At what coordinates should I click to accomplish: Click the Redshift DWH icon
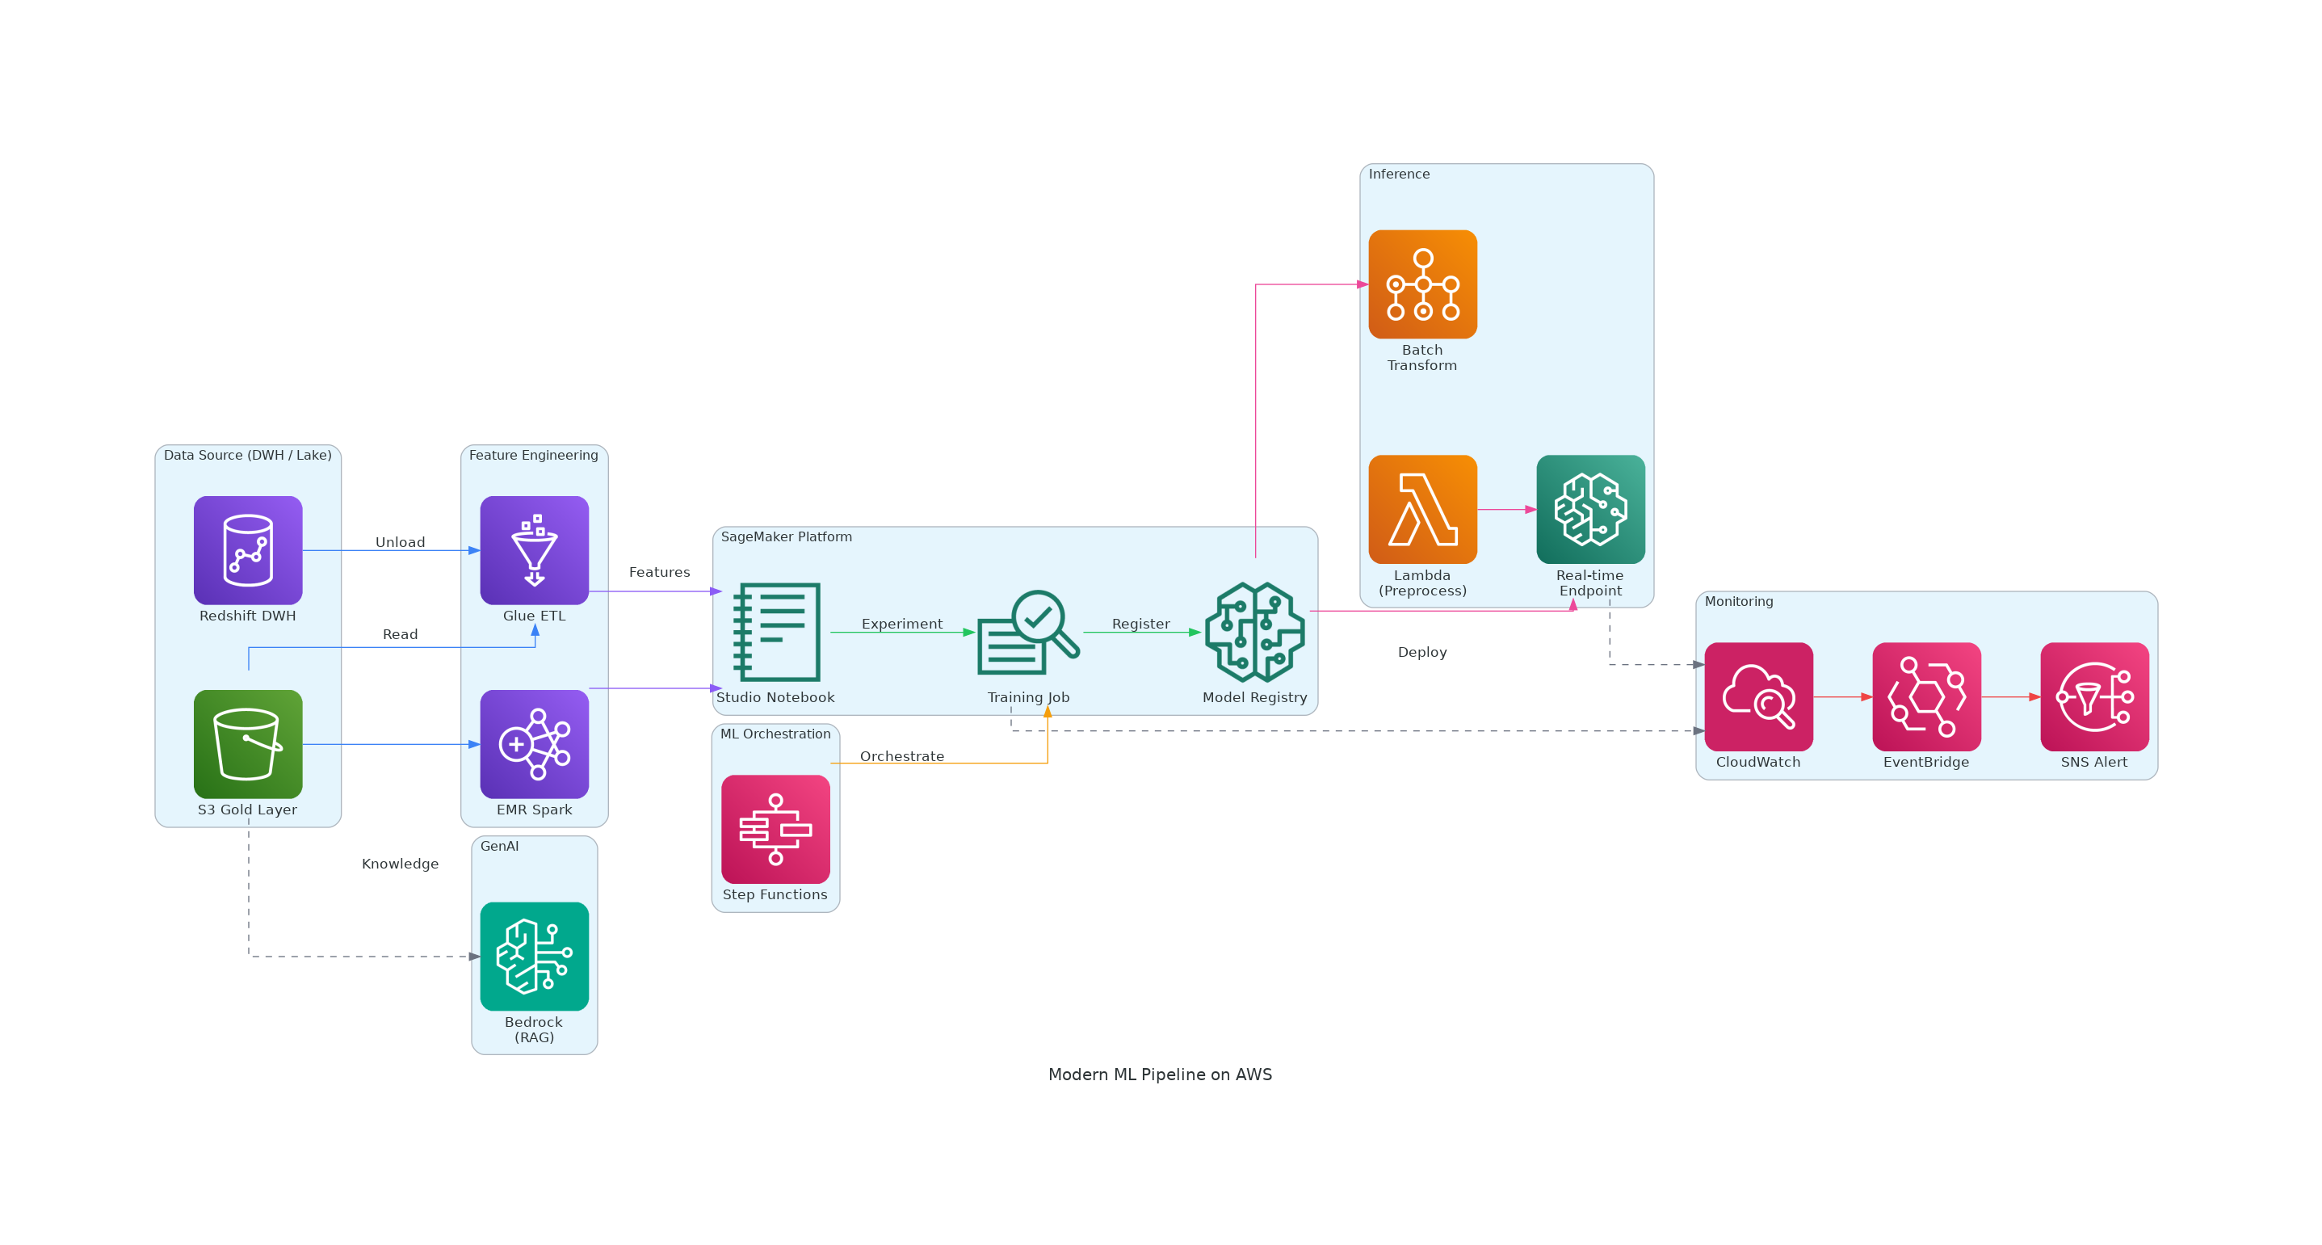tap(248, 550)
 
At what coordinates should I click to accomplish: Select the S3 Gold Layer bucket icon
tap(248, 744)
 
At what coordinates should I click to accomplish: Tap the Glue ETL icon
tap(535, 550)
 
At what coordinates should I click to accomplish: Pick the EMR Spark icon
tap(535, 744)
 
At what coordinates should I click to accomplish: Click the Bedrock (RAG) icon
tap(535, 956)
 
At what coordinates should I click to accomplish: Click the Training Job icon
tap(1027, 631)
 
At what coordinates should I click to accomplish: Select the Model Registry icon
tap(1255, 631)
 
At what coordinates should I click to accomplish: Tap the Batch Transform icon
tap(1422, 284)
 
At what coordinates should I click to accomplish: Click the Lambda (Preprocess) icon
tap(1422, 509)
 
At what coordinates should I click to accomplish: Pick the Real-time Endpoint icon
tap(1590, 509)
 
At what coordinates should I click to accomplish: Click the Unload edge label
tap(401, 542)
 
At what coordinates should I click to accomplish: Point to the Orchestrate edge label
tap(901, 756)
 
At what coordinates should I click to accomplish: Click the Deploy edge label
tap(1421, 652)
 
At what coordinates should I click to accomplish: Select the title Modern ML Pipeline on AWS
tap(1160, 1074)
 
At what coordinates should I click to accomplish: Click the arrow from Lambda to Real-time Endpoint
tap(1506, 509)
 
